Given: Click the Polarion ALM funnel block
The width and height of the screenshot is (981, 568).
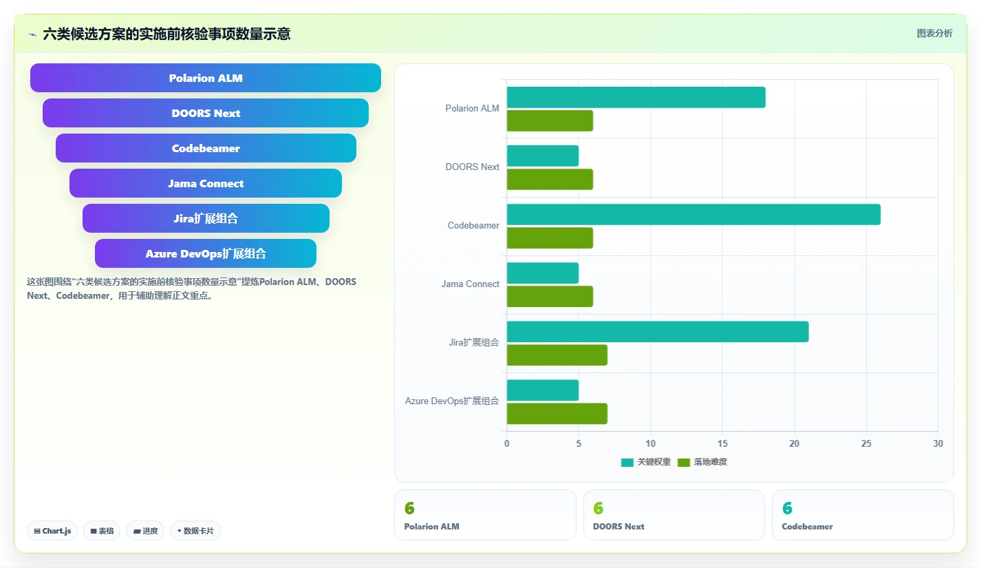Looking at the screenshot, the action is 206,78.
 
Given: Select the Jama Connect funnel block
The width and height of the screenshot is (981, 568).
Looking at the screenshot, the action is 206,183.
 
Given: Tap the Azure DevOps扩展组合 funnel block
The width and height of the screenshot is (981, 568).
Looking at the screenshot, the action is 206,253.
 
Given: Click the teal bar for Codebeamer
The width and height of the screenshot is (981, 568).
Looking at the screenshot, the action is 693,214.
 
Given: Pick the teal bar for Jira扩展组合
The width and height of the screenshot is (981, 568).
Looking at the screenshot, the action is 658,331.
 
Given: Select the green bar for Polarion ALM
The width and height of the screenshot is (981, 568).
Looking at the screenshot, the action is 550,120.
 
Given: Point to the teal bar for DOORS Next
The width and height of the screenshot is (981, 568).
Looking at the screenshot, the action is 543,156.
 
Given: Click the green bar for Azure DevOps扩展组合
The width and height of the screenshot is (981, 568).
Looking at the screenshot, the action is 557,414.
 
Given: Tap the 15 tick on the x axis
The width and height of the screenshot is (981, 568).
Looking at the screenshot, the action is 722,443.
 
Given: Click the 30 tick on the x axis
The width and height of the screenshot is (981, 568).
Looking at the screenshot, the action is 938,443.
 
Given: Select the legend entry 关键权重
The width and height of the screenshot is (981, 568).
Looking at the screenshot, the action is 646,462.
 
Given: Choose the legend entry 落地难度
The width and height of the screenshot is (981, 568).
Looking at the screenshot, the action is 702,462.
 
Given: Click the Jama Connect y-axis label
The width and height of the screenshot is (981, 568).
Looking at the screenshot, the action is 471,284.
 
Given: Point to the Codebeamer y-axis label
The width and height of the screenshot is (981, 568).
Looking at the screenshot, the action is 473,225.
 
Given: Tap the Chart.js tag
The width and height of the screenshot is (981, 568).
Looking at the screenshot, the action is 52,531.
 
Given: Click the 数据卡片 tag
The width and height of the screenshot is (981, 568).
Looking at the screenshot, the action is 195,531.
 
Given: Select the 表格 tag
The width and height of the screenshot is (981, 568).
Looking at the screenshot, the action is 102,531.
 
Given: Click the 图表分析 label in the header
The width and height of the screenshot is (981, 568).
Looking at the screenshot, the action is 935,33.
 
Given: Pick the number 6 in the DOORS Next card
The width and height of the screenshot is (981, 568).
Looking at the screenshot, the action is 599,508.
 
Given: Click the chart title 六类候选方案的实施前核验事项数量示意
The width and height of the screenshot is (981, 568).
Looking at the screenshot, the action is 166,34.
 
